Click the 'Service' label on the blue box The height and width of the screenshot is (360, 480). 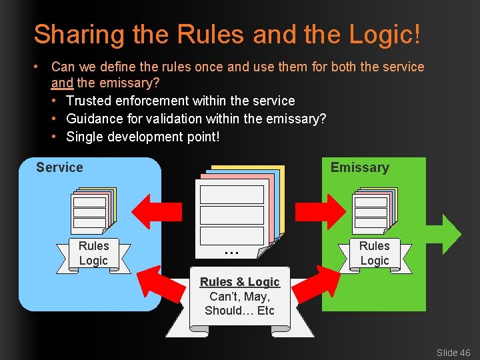(x=59, y=167)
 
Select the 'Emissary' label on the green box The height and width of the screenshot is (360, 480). (x=359, y=167)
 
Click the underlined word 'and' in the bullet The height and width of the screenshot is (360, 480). (x=62, y=84)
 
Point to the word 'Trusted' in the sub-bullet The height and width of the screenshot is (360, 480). (x=89, y=101)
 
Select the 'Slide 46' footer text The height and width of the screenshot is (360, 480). (x=453, y=352)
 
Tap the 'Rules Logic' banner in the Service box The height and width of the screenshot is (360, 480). (x=93, y=253)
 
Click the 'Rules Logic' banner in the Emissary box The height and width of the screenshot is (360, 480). (x=374, y=253)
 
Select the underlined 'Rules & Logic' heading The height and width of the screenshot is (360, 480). (x=240, y=282)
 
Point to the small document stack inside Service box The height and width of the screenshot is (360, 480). (x=93, y=210)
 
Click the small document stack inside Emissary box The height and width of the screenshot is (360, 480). (x=374, y=210)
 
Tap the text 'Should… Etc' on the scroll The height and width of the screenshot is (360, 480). (x=239, y=311)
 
